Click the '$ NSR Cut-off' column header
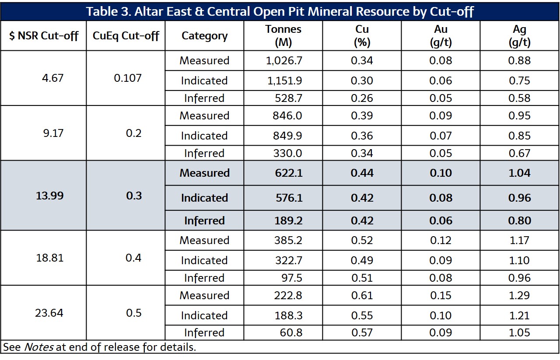coord(43,35)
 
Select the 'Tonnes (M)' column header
coord(283,35)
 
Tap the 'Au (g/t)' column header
coord(441,35)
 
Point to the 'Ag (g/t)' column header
coord(519,35)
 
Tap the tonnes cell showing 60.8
coord(291,333)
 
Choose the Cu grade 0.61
coord(362,295)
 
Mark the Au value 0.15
coord(441,295)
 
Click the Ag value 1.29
coord(519,295)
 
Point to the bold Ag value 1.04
coord(519,173)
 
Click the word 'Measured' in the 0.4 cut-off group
coord(204,240)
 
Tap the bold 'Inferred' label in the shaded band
coord(204,221)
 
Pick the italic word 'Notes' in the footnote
coord(38,347)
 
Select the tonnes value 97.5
coord(291,278)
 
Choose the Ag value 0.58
coord(519,98)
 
